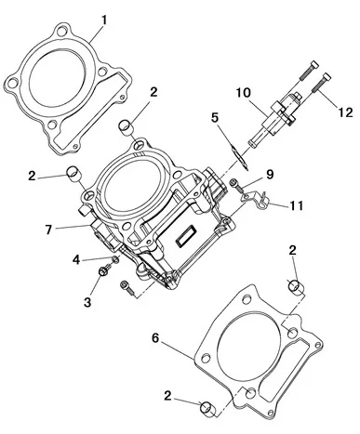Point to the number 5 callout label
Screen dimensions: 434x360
point(215,117)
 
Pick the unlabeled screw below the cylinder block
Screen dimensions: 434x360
point(130,291)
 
